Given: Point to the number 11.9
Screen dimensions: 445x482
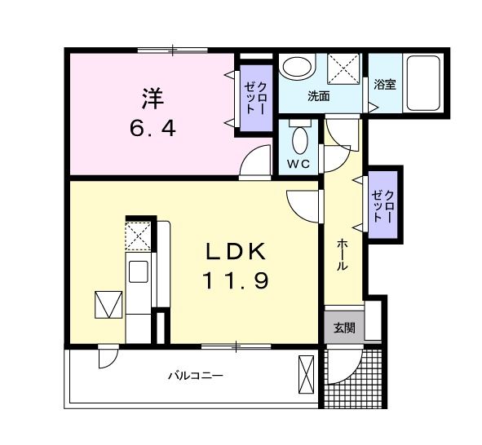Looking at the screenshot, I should [x=237, y=281].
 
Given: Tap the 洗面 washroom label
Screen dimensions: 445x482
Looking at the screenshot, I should [x=319, y=95].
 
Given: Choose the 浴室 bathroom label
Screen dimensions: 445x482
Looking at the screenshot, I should [x=385, y=84].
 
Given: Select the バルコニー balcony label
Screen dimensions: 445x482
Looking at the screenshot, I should [x=195, y=376].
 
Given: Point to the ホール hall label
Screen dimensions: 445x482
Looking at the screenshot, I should [x=343, y=255].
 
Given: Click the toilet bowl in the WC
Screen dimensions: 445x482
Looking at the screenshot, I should [x=300, y=139].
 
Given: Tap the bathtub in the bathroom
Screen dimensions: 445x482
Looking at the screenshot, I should [x=423, y=82].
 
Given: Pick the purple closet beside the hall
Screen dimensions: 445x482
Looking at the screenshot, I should [x=383, y=205].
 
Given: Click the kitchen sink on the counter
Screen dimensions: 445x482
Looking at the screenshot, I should [x=137, y=271].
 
